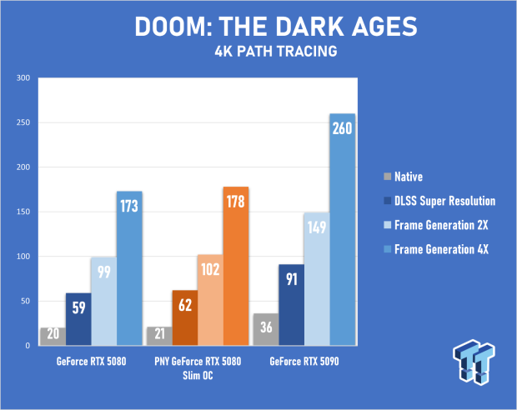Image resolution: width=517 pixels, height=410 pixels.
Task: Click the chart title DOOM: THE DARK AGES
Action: (x=276, y=27)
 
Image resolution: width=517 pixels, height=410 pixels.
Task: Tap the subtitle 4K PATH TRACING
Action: (x=276, y=52)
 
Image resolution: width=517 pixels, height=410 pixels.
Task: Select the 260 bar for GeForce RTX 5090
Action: (x=343, y=229)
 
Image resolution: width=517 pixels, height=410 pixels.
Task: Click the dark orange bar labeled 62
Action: (x=185, y=317)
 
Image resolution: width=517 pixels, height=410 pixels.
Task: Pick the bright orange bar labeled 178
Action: (x=236, y=266)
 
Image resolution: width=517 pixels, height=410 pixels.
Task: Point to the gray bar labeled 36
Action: (x=266, y=329)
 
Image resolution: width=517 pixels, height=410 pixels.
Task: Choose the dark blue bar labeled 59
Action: (x=78, y=319)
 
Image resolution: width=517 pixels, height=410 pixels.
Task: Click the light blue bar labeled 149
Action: (x=317, y=279)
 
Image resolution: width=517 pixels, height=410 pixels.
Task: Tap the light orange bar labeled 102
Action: (x=210, y=300)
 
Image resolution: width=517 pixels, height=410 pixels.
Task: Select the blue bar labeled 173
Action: (x=129, y=268)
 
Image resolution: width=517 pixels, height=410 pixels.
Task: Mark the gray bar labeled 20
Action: (x=53, y=337)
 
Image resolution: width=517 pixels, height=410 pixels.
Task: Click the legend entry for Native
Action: (x=404, y=177)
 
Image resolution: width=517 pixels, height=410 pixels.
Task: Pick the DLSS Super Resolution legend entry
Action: (x=439, y=201)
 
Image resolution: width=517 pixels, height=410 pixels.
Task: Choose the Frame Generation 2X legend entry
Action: (x=436, y=225)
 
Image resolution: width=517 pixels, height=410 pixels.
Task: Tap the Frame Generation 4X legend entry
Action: (x=436, y=249)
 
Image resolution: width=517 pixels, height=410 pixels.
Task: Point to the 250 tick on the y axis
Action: (x=23, y=122)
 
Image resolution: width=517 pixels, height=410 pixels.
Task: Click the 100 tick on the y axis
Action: (x=23, y=257)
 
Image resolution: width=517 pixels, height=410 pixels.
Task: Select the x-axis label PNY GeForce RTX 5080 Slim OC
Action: (x=198, y=368)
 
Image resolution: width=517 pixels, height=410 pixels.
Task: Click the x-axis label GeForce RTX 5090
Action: (x=304, y=362)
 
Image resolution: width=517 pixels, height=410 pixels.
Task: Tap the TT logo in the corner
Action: (x=474, y=362)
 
